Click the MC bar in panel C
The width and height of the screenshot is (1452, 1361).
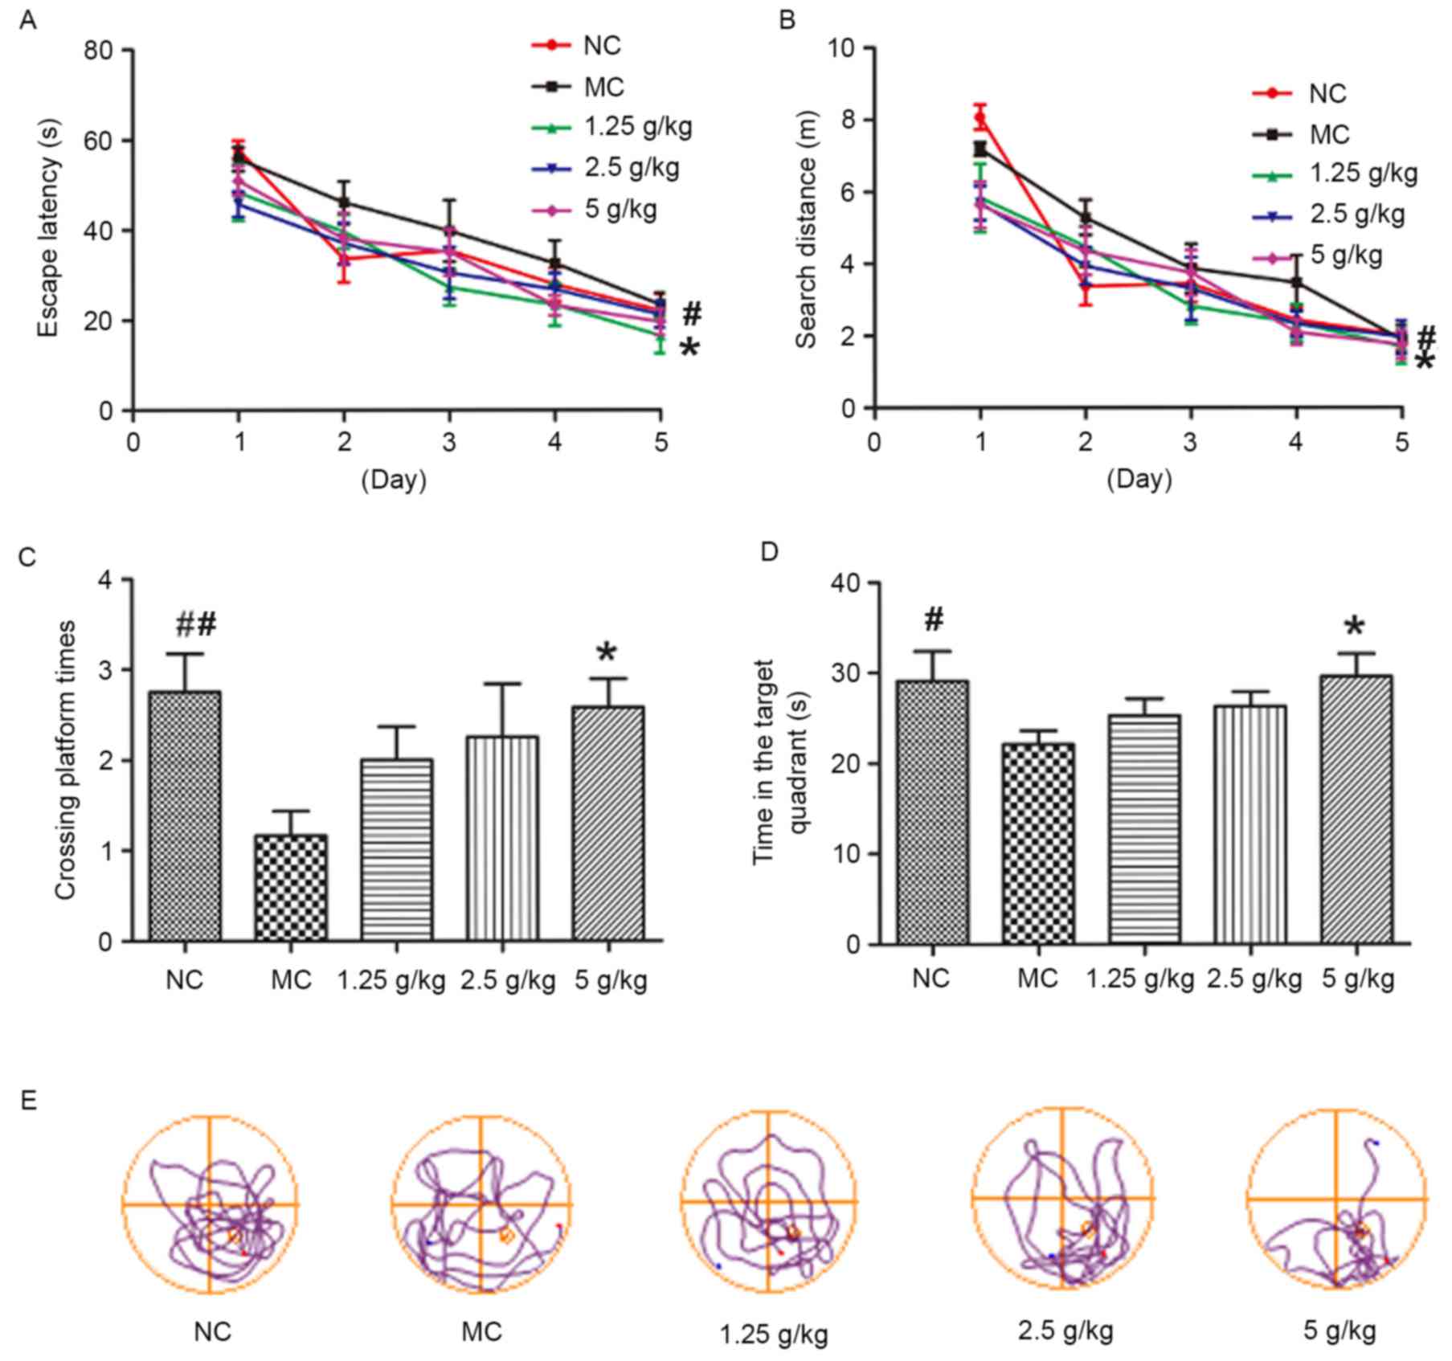291,888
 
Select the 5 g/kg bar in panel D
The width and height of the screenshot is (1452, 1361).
1356,809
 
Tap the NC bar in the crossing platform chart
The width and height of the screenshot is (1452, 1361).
185,816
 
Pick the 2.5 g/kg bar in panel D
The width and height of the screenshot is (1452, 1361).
1250,824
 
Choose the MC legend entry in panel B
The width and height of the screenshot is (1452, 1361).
1329,134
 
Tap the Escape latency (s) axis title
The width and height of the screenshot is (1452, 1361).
48,230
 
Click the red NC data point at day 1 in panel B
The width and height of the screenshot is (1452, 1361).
980,118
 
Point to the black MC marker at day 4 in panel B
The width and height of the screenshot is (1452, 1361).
1296,282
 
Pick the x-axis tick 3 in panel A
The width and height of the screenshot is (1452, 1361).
449,441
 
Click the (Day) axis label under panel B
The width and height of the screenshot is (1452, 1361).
1139,480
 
